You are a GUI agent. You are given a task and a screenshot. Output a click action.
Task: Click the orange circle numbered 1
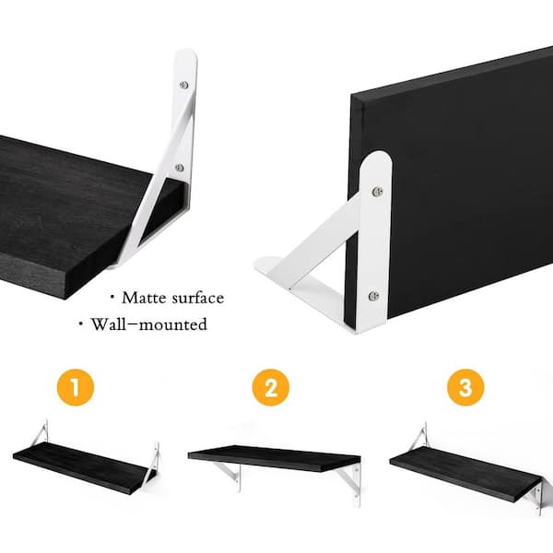coord(76,387)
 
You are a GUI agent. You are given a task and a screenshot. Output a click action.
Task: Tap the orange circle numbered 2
coord(270,387)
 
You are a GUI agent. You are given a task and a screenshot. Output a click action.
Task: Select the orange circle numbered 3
coord(465,387)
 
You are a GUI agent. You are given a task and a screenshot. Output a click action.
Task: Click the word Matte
coord(144,298)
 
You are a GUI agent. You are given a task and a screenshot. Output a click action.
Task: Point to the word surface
coord(198,299)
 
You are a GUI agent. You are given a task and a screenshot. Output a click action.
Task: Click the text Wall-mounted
coord(148,324)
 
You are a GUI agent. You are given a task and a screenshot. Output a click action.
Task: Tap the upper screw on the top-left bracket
coord(183,85)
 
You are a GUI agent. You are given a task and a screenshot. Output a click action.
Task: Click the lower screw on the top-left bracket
coord(180,168)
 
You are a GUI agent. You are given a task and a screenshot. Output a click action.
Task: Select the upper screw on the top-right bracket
coord(378,191)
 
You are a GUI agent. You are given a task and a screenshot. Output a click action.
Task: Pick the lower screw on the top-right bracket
coord(374,296)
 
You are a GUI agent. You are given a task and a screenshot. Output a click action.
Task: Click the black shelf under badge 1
coord(81,466)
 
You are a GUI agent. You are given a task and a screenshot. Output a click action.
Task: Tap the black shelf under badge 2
coord(275,458)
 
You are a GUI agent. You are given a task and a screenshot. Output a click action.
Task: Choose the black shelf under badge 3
coord(465,473)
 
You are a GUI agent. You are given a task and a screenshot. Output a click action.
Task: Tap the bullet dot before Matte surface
coord(112,298)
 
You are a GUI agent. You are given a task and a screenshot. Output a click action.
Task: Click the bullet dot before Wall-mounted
coord(81,324)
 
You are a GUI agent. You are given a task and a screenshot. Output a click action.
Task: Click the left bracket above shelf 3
coord(420,436)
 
